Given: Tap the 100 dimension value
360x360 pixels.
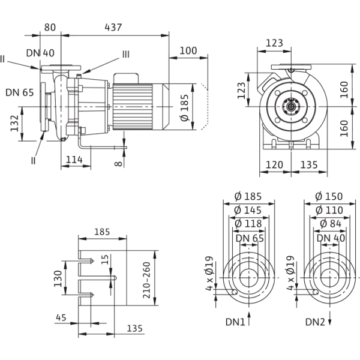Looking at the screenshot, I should click(x=188, y=51).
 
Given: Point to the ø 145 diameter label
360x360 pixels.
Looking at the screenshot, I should click(x=248, y=210).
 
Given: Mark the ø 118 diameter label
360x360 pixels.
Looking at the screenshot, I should click(x=248, y=224).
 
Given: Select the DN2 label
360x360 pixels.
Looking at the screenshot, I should click(x=315, y=323).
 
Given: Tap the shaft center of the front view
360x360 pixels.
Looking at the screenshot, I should click(x=293, y=109).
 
